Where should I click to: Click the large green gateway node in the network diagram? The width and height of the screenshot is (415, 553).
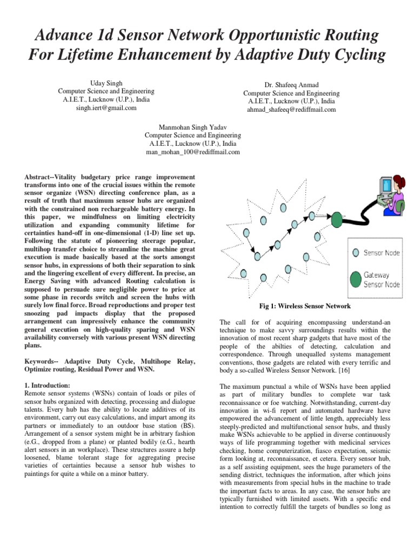336,219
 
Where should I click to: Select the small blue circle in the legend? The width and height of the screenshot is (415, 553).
355,252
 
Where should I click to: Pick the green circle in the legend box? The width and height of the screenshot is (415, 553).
355,279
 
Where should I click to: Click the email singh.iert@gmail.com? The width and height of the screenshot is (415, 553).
106,108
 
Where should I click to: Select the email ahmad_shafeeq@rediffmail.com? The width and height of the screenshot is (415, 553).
291,109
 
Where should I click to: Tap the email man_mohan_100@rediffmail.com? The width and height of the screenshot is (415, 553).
193,152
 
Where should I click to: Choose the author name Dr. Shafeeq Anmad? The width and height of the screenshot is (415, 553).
291,85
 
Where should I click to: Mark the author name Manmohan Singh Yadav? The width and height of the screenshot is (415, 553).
193,126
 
